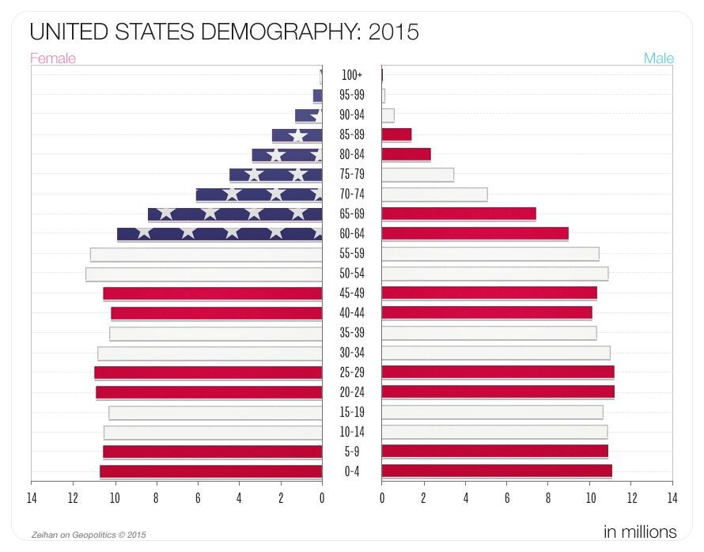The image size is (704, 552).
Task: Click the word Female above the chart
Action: pos(53,59)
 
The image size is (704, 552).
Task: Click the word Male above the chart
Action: pos(658,59)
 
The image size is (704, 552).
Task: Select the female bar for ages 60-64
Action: pos(220,233)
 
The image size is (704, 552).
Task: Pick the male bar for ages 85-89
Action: pos(396,134)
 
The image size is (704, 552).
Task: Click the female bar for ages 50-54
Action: pos(204,274)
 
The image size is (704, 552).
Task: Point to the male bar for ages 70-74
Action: pos(434,194)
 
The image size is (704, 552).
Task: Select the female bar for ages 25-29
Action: pos(208,372)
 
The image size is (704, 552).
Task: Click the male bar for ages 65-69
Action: pos(459,214)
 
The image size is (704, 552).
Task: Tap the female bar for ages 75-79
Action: pos(275,174)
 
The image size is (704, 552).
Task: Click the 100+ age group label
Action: pos(352,75)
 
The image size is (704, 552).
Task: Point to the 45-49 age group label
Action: pos(352,293)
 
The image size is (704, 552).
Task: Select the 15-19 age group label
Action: pos(352,412)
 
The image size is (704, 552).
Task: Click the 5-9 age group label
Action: pos(352,452)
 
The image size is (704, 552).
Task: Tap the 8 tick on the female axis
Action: pos(156,498)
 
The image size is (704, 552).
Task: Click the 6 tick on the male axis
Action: pos(507,498)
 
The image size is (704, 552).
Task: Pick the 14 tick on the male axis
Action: pos(672,498)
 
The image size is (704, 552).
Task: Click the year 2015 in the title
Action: pos(393,32)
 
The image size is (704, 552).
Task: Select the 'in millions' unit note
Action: pos(639,531)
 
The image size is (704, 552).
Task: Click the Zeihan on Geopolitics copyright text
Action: pos(89,534)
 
